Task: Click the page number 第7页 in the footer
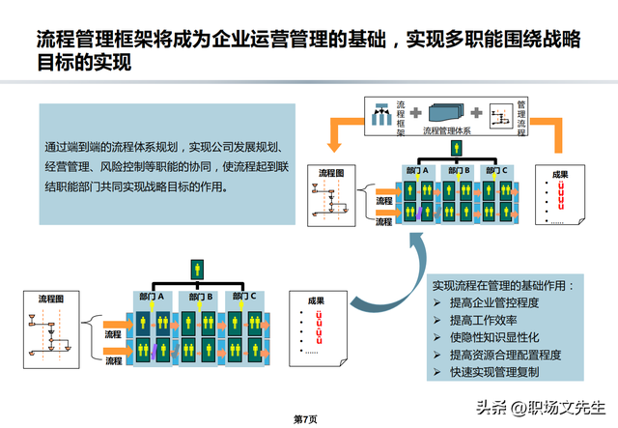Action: coord(304,419)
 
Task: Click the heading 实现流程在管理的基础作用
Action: coord(502,285)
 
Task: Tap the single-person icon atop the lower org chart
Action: coord(197,266)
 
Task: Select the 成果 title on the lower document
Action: coord(316,301)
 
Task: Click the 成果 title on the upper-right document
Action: coord(559,175)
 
